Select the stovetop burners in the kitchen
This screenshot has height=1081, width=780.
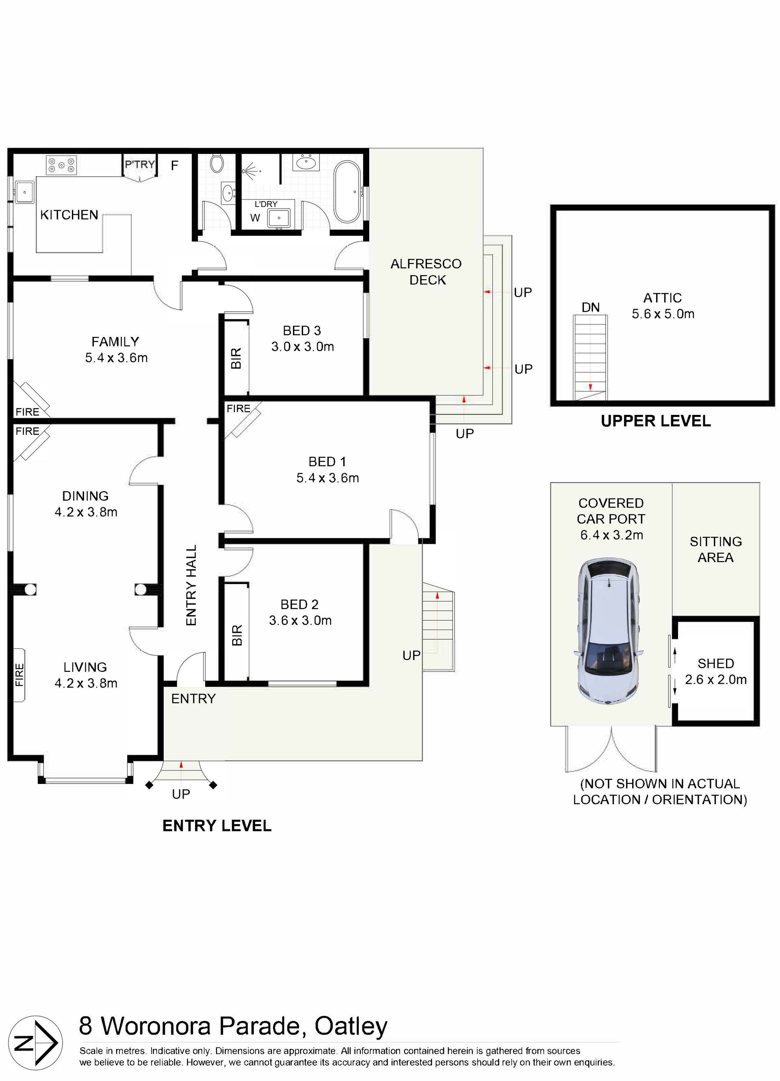coord(61,165)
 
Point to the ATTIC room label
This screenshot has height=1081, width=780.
coord(662,298)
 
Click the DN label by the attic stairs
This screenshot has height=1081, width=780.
coord(590,307)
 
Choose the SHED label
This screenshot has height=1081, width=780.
coord(716,664)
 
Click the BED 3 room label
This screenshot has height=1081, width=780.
coord(302,330)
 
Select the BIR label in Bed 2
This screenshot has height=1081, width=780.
coord(237,635)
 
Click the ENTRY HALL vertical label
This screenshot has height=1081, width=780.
coord(191,585)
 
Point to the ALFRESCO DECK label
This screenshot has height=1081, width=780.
coord(427,272)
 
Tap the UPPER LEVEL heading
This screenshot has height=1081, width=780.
coord(656,421)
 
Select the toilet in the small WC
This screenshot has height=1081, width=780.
coord(216,163)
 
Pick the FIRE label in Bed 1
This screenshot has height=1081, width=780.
coord(238,408)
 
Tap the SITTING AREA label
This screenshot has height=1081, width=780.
coord(716,549)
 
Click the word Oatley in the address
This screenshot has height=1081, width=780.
coord(351,1027)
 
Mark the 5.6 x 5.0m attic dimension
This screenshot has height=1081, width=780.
coord(663,314)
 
